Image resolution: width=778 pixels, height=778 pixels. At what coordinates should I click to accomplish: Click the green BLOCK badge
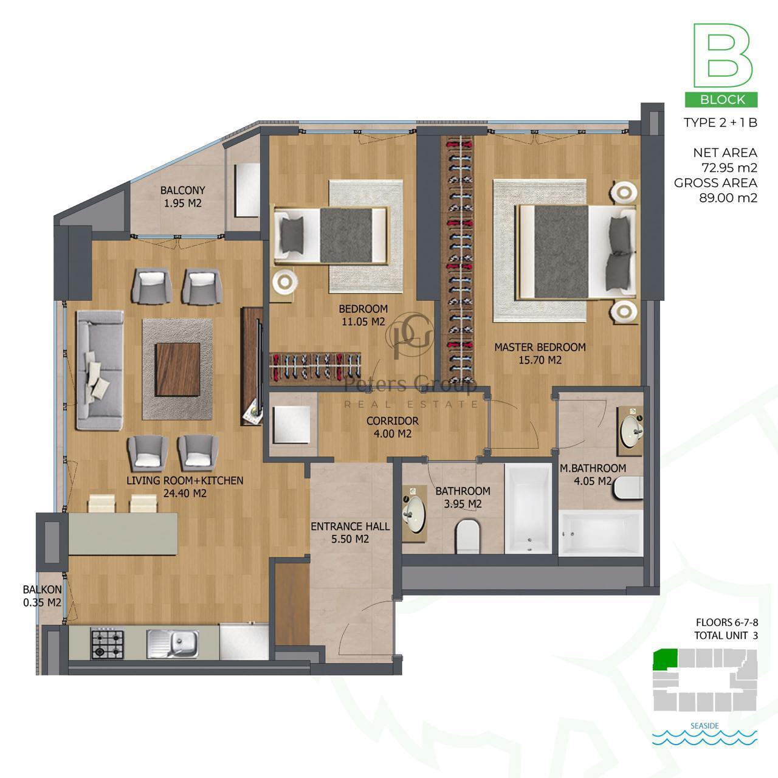tap(721, 99)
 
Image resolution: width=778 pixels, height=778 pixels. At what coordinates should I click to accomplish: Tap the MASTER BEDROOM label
tap(540, 347)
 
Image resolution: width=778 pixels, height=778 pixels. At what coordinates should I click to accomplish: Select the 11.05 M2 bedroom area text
tap(363, 322)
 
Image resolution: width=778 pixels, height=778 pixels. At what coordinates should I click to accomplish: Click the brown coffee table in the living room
tap(177, 370)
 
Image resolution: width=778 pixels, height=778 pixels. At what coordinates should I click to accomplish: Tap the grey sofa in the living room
tap(100, 370)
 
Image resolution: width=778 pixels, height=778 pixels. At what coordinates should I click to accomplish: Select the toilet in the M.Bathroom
tap(628, 487)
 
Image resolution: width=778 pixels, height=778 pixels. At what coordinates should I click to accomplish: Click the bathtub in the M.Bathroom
tap(601, 533)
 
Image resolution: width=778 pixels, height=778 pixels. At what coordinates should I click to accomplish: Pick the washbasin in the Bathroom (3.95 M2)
tap(415, 514)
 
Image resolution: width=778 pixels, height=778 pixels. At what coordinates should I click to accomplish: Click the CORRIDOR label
tap(393, 421)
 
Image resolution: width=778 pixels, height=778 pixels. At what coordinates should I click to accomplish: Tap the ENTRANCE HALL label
tap(350, 526)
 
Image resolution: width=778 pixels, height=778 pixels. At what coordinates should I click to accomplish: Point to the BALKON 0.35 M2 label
tap(43, 596)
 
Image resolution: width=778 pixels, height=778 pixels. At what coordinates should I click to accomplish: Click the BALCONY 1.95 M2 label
tap(182, 196)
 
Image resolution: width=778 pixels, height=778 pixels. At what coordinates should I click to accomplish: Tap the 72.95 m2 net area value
tap(729, 168)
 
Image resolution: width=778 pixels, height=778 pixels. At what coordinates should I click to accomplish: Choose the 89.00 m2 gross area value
tap(728, 198)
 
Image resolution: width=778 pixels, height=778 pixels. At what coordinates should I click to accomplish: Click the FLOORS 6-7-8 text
tap(727, 622)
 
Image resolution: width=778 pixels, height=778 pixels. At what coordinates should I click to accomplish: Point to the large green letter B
tap(722, 55)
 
